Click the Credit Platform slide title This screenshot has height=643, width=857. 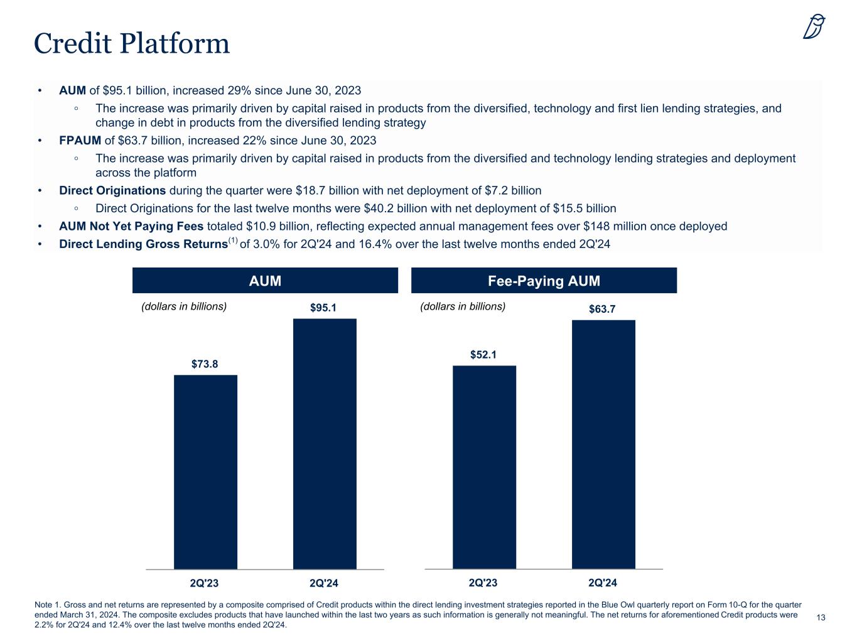point(132,43)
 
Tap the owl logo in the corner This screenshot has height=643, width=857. point(814,27)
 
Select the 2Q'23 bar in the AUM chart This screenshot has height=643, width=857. point(205,472)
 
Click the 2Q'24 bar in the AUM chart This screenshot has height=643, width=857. point(325,443)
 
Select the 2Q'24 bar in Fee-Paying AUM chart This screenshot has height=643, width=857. point(603,444)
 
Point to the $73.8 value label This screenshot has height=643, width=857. point(205,364)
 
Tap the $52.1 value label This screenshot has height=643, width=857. point(483,355)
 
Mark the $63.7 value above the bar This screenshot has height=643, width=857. point(603,309)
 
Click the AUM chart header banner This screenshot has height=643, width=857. point(265,281)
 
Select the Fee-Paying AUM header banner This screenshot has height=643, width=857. point(544,281)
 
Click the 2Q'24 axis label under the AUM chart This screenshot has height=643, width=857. point(324,583)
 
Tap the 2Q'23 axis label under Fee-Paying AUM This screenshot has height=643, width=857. point(483,583)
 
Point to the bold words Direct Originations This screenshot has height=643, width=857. point(112,190)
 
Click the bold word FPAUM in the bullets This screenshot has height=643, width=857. point(80,140)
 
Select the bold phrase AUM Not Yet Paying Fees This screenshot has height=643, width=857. point(131,226)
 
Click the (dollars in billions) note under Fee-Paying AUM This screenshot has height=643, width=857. point(462,306)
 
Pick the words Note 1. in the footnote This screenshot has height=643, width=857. point(47,604)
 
